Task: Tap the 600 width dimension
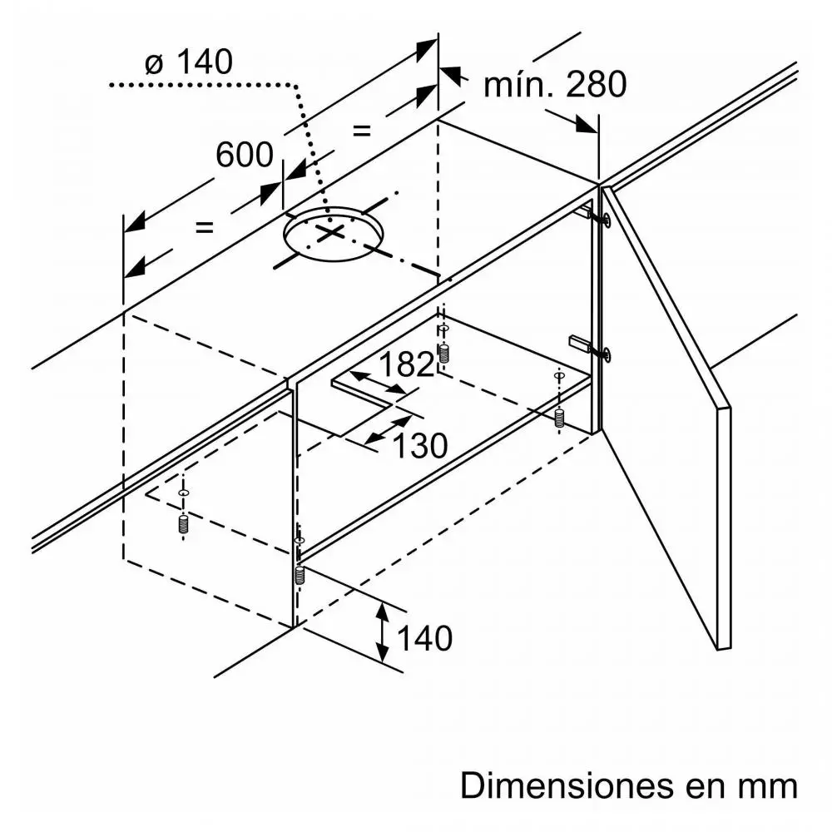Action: coord(244,154)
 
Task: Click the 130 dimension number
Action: coord(420,446)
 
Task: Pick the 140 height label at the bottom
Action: coord(424,638)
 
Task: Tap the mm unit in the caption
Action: coord(770,786)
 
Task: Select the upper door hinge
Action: coord(597,217)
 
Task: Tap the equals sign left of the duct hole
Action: coord(204,226)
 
